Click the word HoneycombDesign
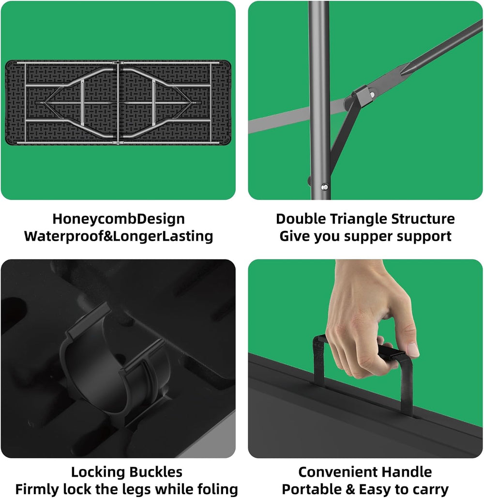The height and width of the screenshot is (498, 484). click(x=119, y=219)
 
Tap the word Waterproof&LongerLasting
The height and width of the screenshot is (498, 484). click(x=119, y=236)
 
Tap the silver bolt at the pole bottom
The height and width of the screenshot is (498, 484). click(x=325, y=187)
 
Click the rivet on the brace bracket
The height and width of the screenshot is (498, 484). click(x=372, y=94)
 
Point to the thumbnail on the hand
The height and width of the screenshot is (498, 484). click(x=413, y=349)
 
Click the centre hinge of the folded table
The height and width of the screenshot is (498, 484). click(x=118, y=103)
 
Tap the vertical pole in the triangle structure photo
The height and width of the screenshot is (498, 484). click(x=319, y=100)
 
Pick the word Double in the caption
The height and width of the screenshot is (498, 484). click(x=301, y=219)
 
